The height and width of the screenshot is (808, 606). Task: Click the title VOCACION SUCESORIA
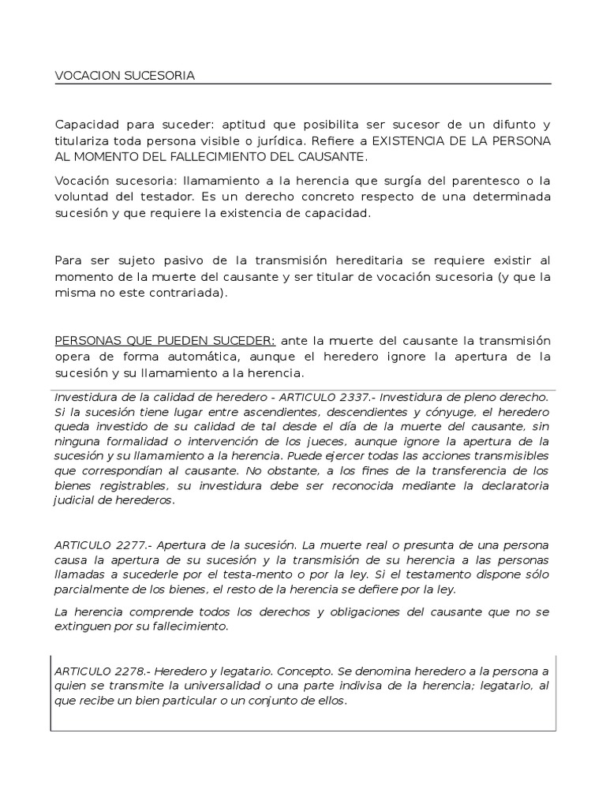tap(125, 76)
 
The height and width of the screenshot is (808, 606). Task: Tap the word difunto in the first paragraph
tap(507, 125)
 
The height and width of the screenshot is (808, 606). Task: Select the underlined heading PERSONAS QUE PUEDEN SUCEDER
tap(165, 341)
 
